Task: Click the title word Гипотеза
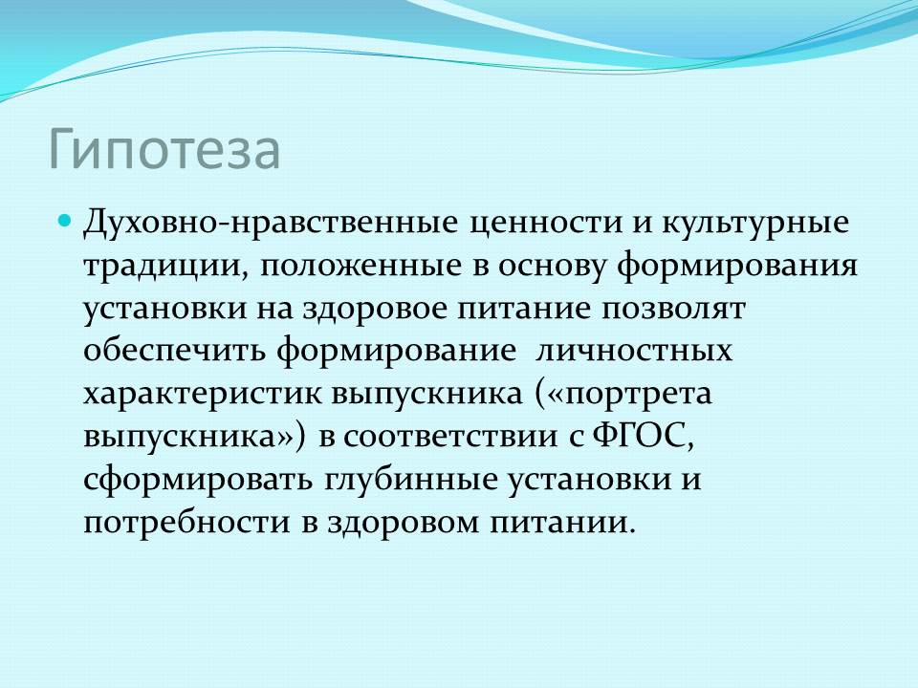tap(164, 150)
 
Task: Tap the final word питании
tap(562, 523)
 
